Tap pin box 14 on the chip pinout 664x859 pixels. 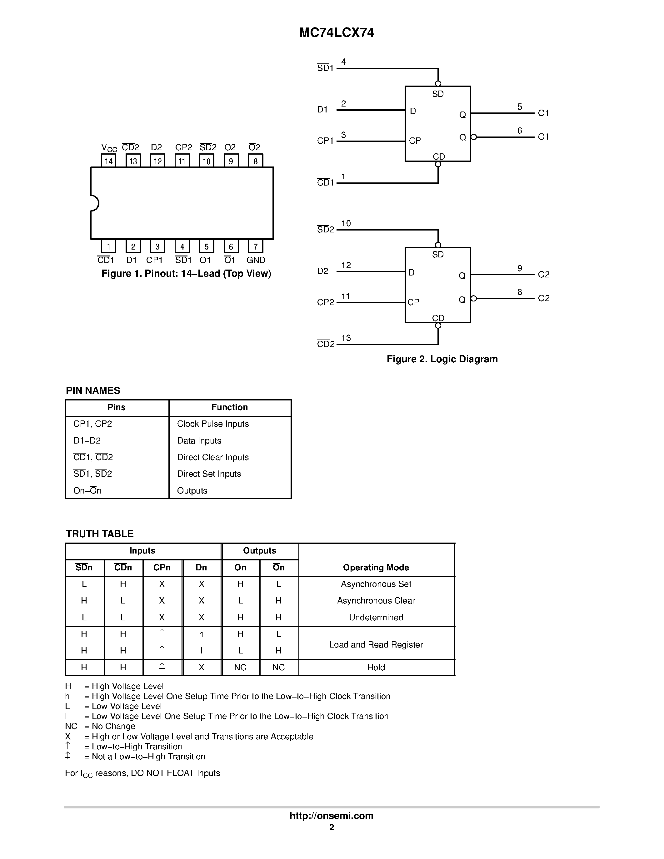(108, 161)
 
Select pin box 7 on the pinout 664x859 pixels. (255, 246)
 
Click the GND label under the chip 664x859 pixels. (256, 260)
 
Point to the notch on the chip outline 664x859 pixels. (95, 203)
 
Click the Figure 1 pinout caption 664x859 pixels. (186, 274)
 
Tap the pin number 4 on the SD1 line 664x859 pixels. (343, 62)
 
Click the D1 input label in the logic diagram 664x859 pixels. (322, 110)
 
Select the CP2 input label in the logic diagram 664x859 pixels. (325, 302)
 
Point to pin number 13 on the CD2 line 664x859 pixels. (346, 338)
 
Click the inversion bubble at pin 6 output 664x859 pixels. (474, 137)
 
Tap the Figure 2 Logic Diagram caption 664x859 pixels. (442, 359)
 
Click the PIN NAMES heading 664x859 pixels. (93, 390)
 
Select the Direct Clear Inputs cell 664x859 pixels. (213, 457)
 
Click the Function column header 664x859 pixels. (230, 407)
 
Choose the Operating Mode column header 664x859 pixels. (376, 567)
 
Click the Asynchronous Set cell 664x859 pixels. (376, 584)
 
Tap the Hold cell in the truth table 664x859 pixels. (376, 668)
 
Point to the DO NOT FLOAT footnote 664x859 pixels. (142, 773)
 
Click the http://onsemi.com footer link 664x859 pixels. (331, 816)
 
